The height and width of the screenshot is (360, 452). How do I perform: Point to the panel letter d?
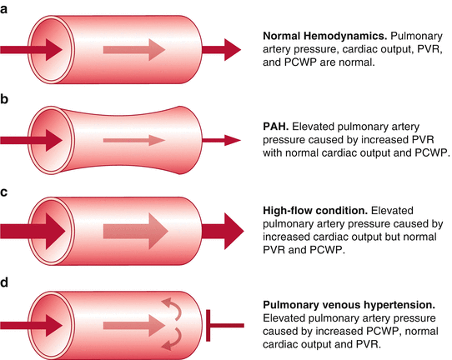(x=6, y=282)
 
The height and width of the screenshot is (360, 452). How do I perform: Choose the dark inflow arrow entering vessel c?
(x=33, y=231)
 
